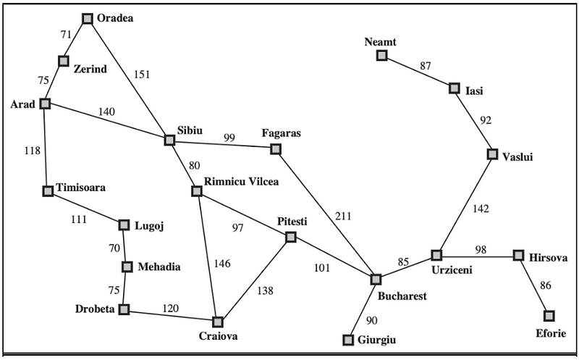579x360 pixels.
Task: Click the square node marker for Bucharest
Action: [376, 279]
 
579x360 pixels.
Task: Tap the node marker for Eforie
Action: [549, 315]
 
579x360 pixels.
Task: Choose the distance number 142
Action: [481, 210]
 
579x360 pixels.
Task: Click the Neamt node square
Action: [381, 55]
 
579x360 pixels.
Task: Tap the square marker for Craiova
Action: [217, 321]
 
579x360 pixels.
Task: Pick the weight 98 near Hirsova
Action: [481, 250]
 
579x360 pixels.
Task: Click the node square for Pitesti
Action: [290, 237]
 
